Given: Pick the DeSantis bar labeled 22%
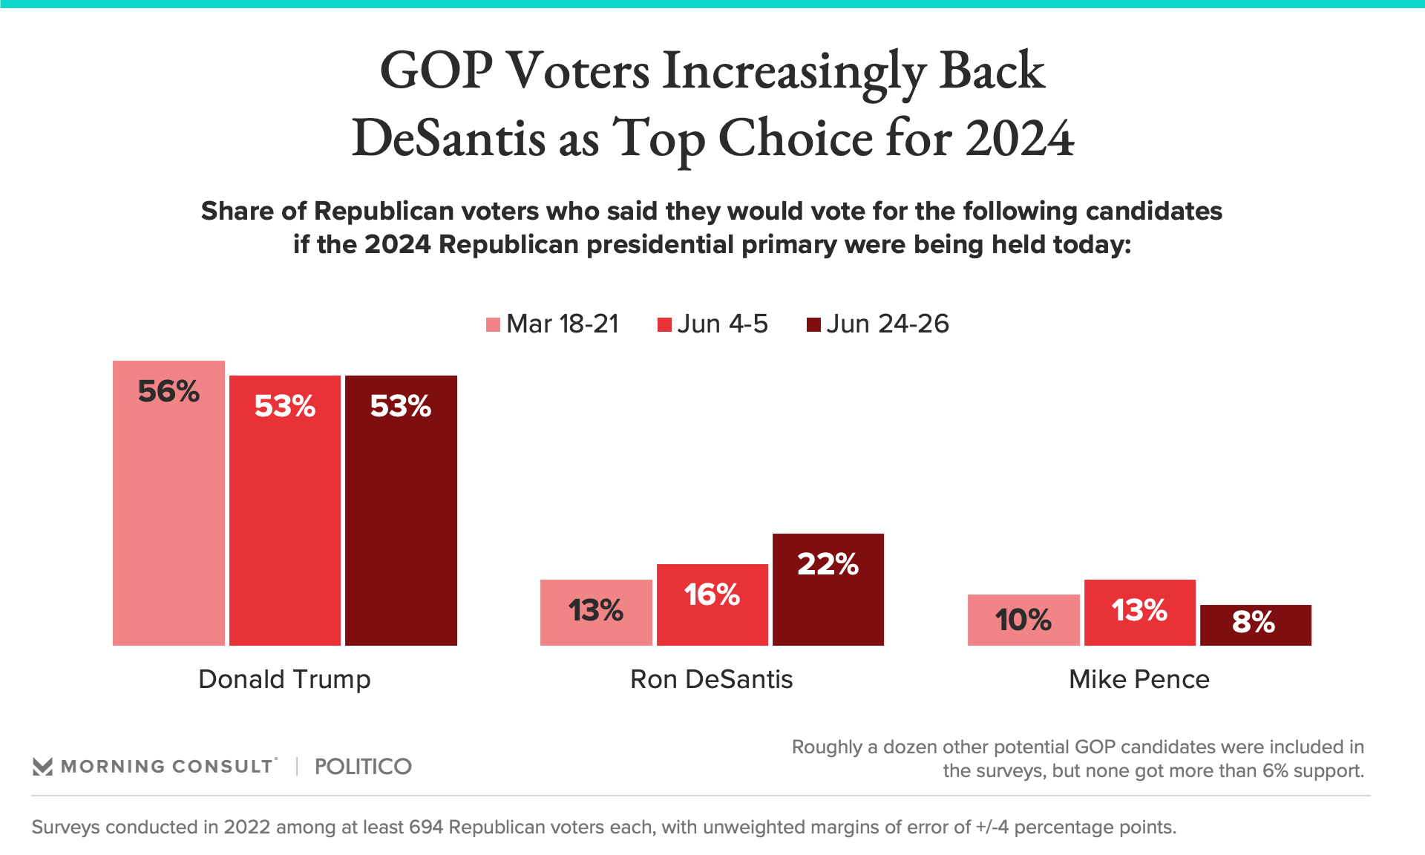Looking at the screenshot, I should pos(828,594).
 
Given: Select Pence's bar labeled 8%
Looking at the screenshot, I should pos(1255,625).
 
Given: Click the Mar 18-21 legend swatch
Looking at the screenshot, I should pos(493,324).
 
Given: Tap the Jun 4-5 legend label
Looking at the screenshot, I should pos(722,324).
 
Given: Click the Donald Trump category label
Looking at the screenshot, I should pos(284,679).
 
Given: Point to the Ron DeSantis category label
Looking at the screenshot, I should pos(712,679).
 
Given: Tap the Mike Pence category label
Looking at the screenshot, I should pos(1139,679).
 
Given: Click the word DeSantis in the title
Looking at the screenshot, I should pos(448,139).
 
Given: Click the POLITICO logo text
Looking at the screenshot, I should pos(363,767).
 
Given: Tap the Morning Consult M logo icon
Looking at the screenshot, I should pos(42,767).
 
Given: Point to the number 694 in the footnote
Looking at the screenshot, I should pos(426,827).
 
